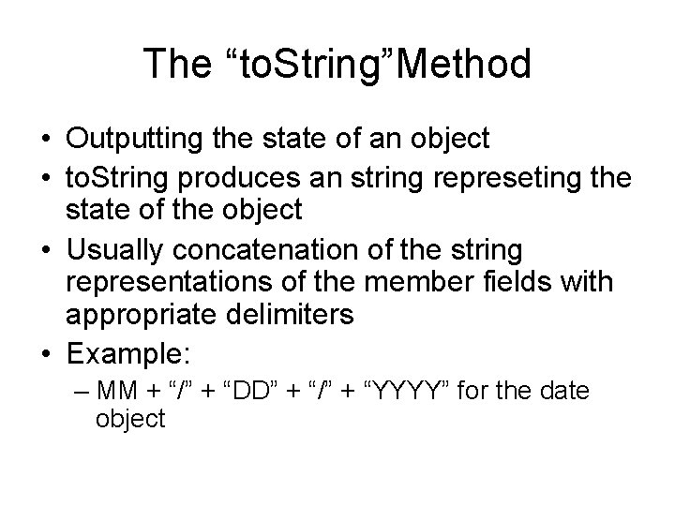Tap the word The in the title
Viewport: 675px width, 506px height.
(175, 64)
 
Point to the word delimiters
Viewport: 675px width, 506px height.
(290, 315)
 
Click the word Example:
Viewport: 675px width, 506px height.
(127, 355)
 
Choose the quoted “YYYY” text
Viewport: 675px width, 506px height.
(406, 390)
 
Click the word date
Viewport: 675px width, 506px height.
(565, 390)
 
